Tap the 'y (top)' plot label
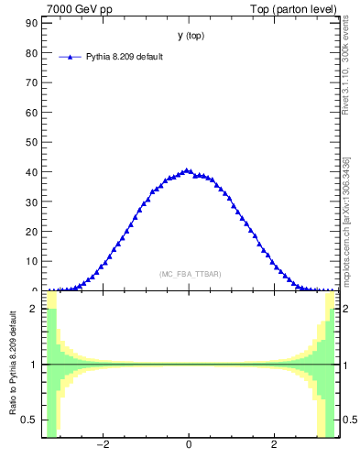coord(191,36)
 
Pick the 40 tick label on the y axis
coord(31,172)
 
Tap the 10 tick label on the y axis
coord(31,261)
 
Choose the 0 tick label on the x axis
coord(189,445)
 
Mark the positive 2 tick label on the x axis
coord(274,445)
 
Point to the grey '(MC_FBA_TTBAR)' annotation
coord(190,274)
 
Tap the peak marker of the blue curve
coord(188,170)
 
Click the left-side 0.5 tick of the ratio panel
coord(30,420)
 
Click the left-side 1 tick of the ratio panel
coord(34,365)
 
